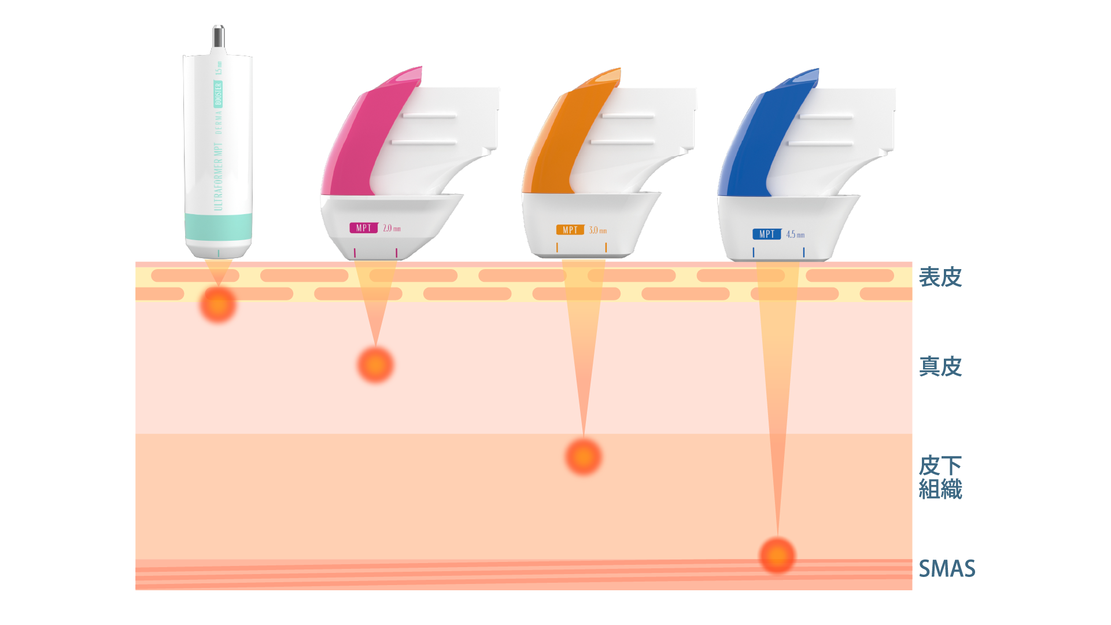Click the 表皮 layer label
pyautogui.click(x=940, y=277)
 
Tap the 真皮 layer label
pyautogui.click(x=940, y=366)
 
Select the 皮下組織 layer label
pyautogui.click(x=940, y=477)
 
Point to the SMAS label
pyautogui.click(x=947, y=568)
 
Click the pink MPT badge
pyautogui.click(x=363, y=228)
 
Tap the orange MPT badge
pyautogui.click(x=570, y=230)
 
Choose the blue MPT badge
pyautogui.click(x=766, y=234)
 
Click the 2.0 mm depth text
pyautogui.click(x=392, y=229)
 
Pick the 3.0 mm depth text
pyautogui.click(x=597, y=230)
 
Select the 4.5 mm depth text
pyautogui.click(x=795, y=234)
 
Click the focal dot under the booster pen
pyautogui.click(x=218, y=304)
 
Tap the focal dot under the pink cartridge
pyautogui.click(x=375, y=365)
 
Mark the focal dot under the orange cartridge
pyautogui.click(x=583, y=457)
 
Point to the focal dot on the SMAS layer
pyautogui.click(x=777, y=556)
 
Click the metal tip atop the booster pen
pyautogui.click(x=218, y=37)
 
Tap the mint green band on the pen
pyautogui.click(x=218, y=227)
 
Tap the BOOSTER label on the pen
pyautogui.click(x=218, y=94)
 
